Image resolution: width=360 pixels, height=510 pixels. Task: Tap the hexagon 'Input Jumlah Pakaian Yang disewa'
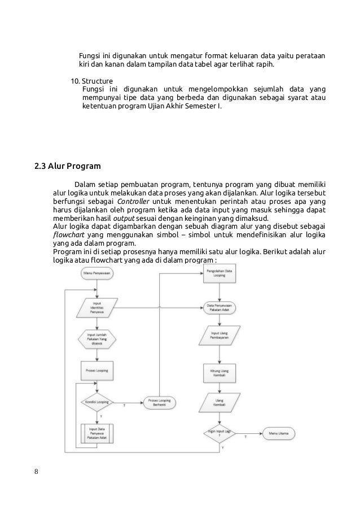[97, 340]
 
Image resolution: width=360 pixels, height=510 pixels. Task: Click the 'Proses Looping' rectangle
[97, 370]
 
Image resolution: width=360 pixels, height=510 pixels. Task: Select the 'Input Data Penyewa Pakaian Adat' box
[97, 433]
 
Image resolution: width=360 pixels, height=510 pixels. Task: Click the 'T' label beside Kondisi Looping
[123, 405]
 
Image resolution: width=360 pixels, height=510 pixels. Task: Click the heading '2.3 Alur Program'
[68, 167]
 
